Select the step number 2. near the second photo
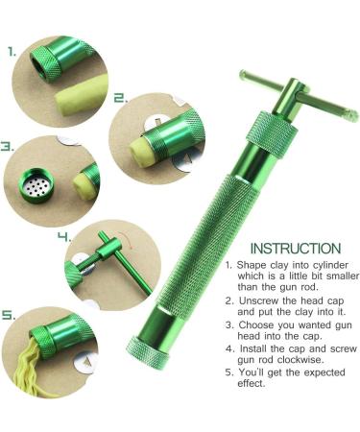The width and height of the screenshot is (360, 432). (x=121, y=97)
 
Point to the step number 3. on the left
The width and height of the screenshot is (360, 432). (x=8, y=148)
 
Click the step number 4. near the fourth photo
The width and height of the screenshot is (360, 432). (x=63, y=235)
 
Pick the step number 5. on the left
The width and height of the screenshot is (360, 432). (x=9, y=314)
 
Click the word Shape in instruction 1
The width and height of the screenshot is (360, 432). (x=251, y=265)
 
